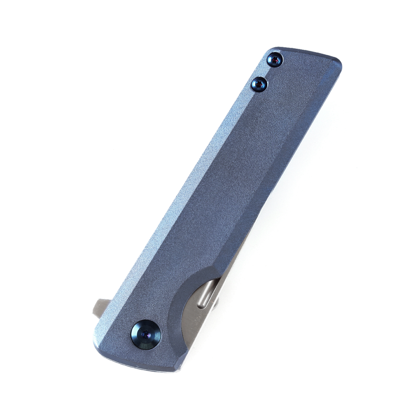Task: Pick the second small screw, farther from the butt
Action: pos(260,83)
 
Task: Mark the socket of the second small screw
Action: pos(260,83)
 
